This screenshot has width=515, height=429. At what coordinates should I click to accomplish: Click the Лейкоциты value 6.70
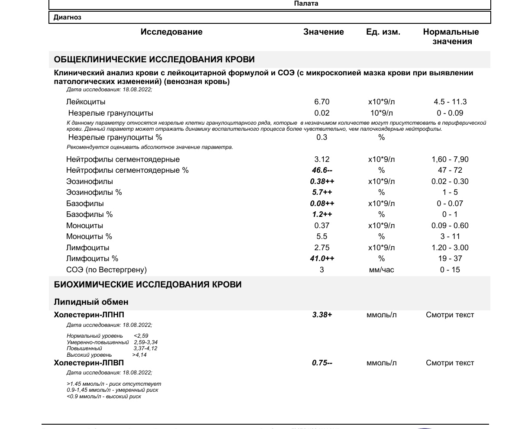(322, 102)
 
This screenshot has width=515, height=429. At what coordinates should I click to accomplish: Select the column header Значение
(323, 32)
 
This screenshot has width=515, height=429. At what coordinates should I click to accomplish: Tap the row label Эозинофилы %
(94, 193)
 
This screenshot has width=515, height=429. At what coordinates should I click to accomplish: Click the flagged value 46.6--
(322, 171)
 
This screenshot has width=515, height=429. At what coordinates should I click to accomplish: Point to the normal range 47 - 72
(450, 171)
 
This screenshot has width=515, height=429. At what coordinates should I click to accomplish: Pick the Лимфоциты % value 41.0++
(322, 259)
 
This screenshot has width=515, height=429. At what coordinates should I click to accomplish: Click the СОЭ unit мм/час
(381, 270)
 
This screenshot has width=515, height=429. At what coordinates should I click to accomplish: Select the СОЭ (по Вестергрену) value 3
(322, 270)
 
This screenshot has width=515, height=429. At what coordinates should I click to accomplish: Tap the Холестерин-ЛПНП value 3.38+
(322, 315)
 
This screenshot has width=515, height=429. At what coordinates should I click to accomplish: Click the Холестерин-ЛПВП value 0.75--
(322, 363)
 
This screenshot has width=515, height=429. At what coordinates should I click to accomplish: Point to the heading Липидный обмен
(91, 302)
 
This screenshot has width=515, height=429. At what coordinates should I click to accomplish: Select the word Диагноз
(67, 18)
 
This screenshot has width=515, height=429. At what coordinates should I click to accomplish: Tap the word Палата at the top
(306, 3)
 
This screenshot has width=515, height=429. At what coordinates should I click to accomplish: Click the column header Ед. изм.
(383, 32)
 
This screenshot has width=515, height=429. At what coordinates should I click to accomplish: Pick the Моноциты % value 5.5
(322, 237)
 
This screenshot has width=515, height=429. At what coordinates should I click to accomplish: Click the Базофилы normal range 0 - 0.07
(450, 204)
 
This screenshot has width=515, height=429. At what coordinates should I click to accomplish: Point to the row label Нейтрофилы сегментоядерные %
(127, 171)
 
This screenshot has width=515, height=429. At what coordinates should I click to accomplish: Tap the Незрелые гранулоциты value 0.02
(322, 113)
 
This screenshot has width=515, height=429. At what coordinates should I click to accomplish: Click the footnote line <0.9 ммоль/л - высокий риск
(104, 397)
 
